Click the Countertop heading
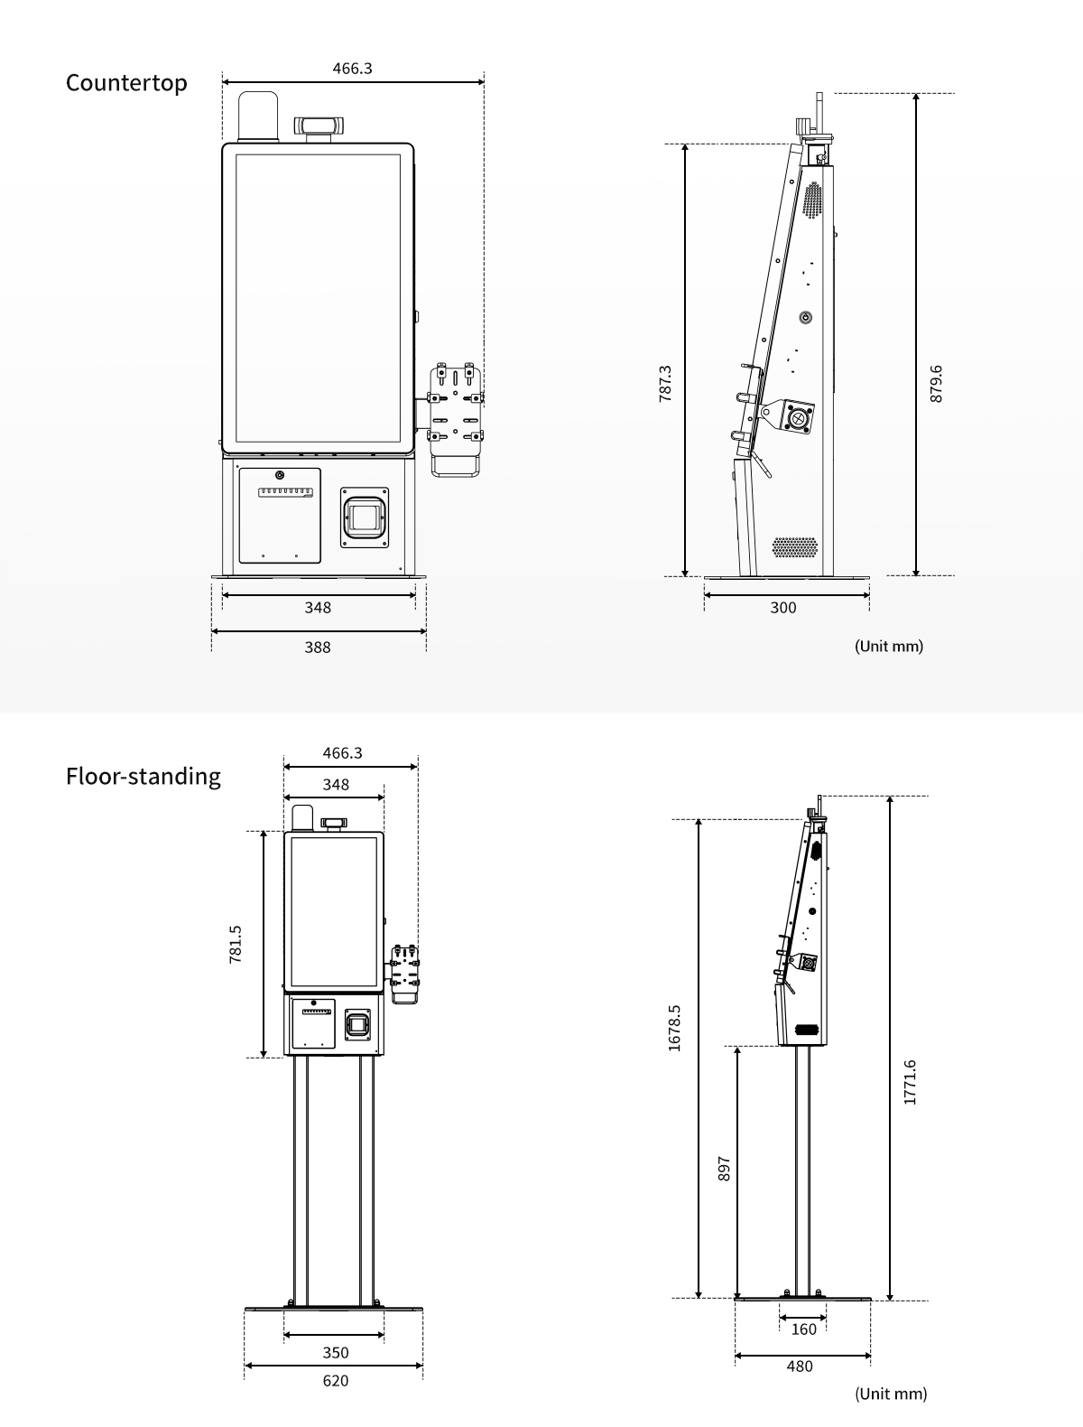[126, 83]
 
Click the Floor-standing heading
[143, 776]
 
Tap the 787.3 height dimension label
[664, 384]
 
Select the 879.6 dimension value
[936, 384]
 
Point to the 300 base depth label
[782, 608]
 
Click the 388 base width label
[318, 648]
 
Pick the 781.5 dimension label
[236, 944]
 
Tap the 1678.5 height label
[674, 1028]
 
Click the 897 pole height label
[724, 1169]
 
